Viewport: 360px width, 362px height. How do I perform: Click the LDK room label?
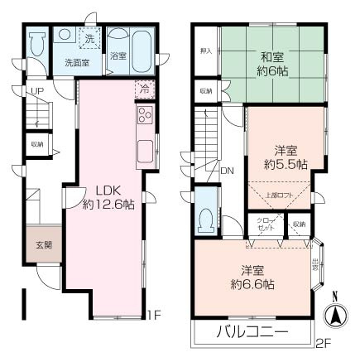click(97, 187)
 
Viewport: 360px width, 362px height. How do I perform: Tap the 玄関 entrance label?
click(43, 244)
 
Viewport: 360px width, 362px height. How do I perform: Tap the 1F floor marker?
click(153, 315)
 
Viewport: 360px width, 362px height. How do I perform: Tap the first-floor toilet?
click(35, 46)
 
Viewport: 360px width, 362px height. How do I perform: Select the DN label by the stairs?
click(227, 171)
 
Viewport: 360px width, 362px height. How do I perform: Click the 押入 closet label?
click(207, 51)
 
